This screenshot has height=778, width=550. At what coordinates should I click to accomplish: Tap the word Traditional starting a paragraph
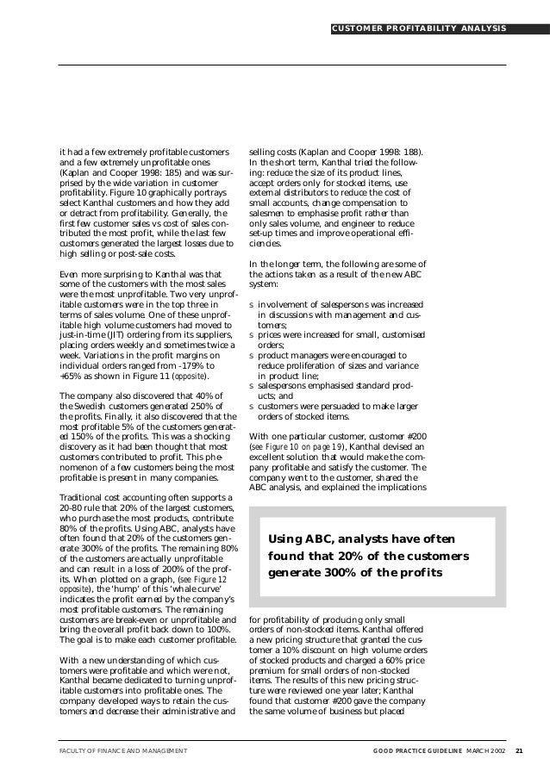coord(83,497)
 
